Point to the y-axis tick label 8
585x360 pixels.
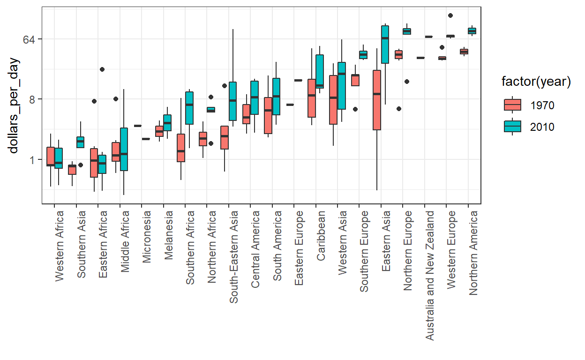(x=34, y=99)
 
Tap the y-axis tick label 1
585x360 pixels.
(x=34, y=160)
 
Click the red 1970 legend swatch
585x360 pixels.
(x=512, y=105)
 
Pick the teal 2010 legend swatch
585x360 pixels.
(x=512, y=127)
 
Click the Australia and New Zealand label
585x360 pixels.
(x=430, y=275)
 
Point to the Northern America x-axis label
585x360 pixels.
(x=473, y=253)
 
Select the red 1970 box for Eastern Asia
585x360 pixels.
(x=377, y=100)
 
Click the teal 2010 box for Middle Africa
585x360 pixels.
(x=124, y=149)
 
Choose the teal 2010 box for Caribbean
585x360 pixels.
(x=320, y=71)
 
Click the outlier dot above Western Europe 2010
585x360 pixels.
(x=450, y=15)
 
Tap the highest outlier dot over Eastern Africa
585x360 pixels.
(x=102, y=69)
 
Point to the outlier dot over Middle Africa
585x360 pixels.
(x=115, y=99)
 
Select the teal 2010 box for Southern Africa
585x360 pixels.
(x=189, y=108)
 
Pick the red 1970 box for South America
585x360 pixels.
(x=268, y=115)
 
